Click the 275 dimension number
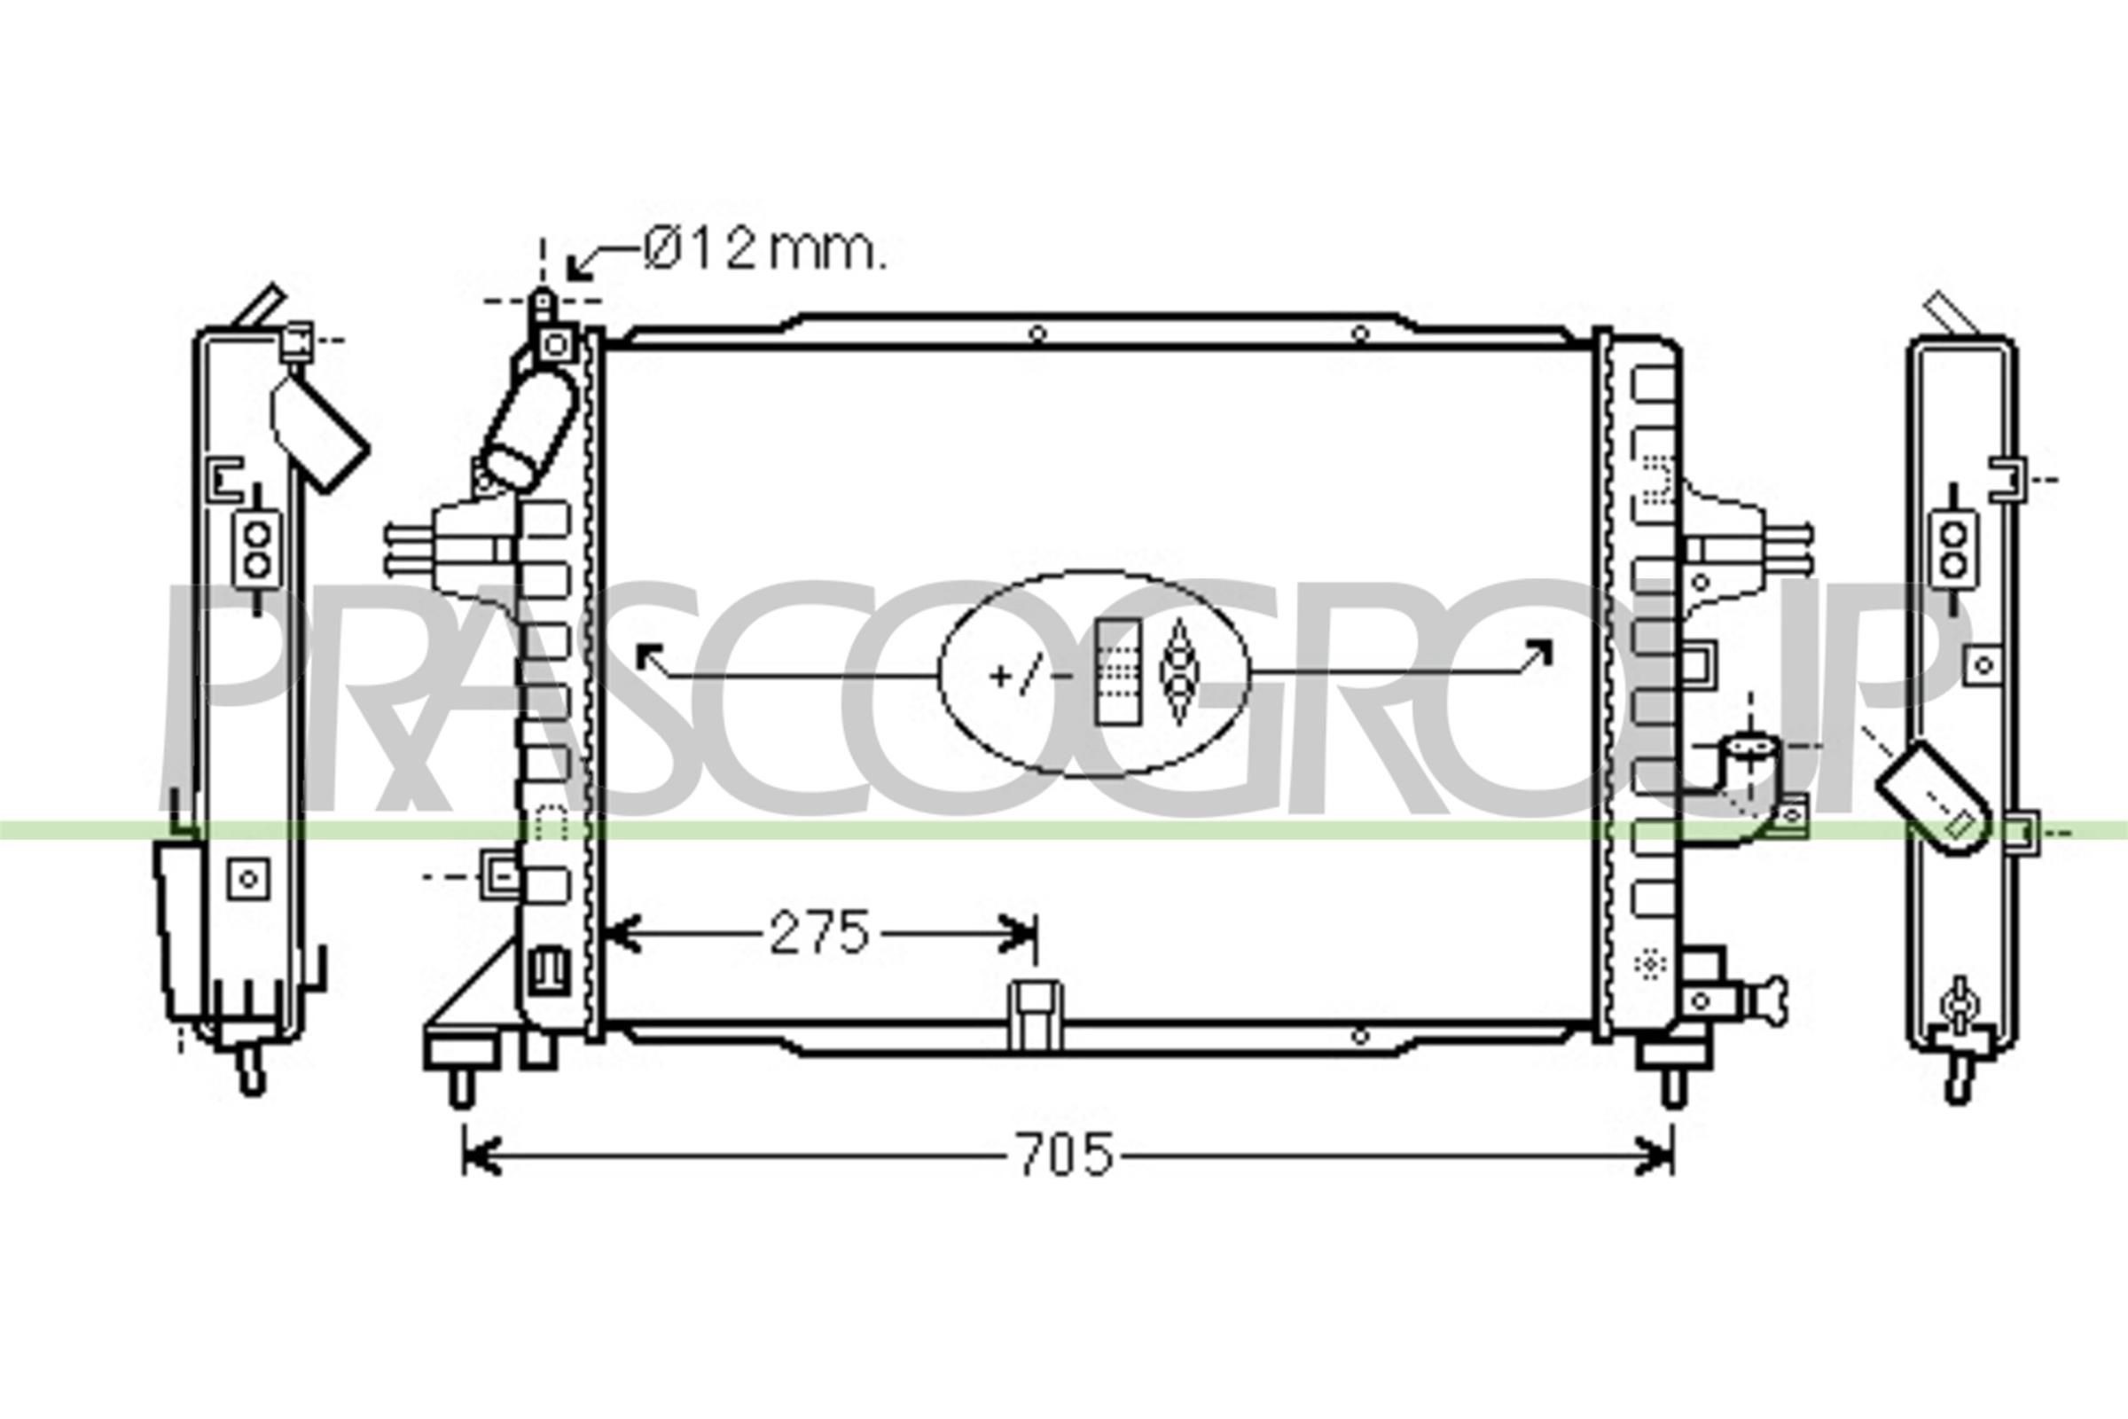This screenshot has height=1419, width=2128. click(818, 933)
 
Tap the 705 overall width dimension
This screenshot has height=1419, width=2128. click(1065, 1155)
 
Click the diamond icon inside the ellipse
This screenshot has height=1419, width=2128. click(1178, 671)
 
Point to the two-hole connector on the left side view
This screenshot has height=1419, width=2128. click(257, 549)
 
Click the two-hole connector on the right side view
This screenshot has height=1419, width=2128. click(1955, 549)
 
